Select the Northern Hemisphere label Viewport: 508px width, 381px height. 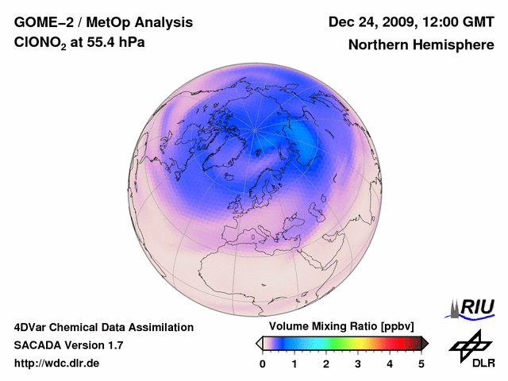click(421, 44)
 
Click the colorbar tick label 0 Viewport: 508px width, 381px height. click(263, 364)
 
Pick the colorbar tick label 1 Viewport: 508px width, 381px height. click(294, 364)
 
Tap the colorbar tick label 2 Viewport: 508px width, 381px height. click(326, 364)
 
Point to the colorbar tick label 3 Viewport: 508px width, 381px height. click(358, 364)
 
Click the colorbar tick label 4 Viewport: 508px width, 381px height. click(390, 364)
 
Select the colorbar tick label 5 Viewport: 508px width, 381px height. click(421, 364)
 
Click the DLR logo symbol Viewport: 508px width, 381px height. click(468, 344)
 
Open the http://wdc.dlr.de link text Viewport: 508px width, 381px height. click(57, 364)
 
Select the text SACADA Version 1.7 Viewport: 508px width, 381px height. click(68, 345)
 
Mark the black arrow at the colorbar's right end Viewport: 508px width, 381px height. click(425, 343)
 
